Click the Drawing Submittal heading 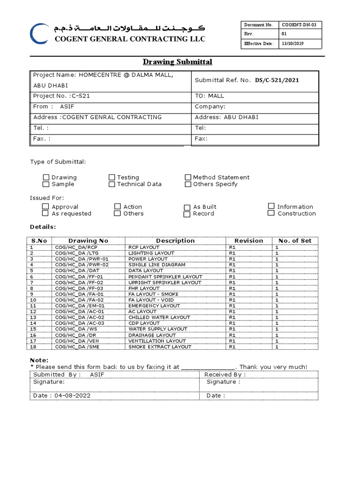tap(177, 62)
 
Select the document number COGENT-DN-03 tap(300, 25)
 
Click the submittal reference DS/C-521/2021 tap(277, 80)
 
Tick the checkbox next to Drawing tap(46, 177)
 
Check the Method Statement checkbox tap(188, 177)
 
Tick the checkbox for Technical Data tap(112, 184)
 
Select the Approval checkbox tap(45, 206)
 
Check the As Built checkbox tap(187, 207)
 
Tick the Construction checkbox tap(271, 213)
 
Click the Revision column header tap(248, 241)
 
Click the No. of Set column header tap(294, 241)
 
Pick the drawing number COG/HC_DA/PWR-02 tap(82, 265)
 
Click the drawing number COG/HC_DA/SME tap(77, 347)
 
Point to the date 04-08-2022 tap(61, 396)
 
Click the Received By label tap(225, 375)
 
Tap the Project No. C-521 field tap(61, 96)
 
